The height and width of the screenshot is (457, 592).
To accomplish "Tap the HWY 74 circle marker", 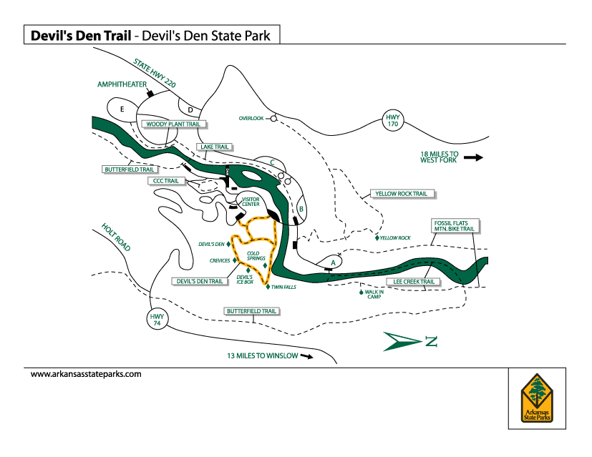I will [x=157, y=320].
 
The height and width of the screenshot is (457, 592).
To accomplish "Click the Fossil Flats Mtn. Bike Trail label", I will [x=454, y=227].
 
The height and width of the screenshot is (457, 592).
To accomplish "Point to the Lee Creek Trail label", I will [x=414, y=282].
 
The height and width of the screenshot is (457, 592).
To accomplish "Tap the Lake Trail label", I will [x=215, y=147].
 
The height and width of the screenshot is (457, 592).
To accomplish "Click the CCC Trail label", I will [x=166, y=181].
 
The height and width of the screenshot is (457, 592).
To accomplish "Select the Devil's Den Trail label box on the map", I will [x=201, y=281].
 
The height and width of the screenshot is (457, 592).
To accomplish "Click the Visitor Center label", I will [x=251, y=202].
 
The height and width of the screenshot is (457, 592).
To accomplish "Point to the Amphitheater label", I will [x=122, y=84].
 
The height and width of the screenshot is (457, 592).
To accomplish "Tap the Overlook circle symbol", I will [x=273, y=119].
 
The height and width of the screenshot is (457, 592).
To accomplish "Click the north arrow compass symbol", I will [x=409, y=341].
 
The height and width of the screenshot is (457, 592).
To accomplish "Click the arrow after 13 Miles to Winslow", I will [x=306, y=355].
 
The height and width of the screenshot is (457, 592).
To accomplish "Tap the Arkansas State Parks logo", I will [x=537, y=398].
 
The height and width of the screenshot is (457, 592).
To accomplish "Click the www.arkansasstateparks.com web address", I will [x=86, y=374].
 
